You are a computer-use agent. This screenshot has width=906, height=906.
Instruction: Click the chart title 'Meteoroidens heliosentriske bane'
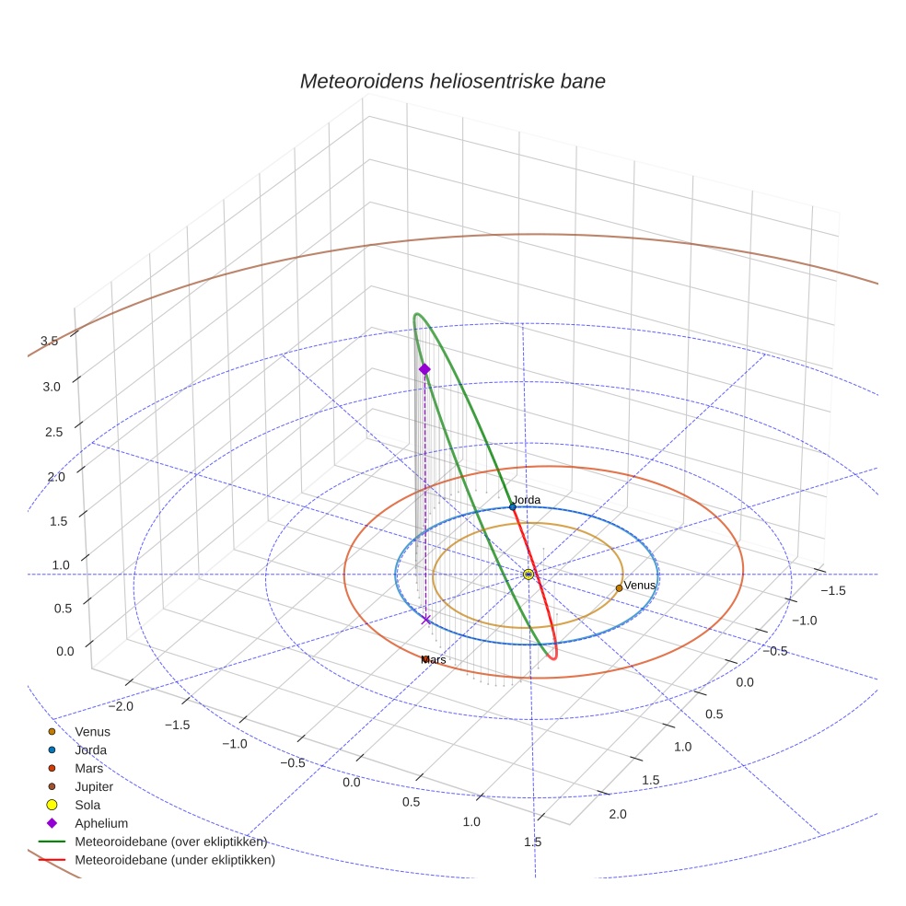[x=452, y=81]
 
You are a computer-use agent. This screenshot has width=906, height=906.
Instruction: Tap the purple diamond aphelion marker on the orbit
[x=424, y=369]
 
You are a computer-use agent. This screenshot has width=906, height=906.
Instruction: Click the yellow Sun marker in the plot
[x=528, y=575]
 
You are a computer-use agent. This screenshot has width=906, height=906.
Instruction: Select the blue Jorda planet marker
[x=513, y=506]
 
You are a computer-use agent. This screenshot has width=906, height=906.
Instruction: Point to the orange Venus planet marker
[x=619, y=587]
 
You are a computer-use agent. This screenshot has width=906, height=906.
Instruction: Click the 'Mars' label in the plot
[x=433, y=660]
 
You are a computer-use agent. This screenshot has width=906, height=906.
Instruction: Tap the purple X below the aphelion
[x=425, y=620]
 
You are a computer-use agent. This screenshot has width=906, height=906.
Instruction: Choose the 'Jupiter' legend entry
[x=94, y=786]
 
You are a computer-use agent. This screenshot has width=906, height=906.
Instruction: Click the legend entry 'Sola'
[x=87, y=805]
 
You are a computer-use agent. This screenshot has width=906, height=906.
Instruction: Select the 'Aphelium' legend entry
[x=100, y=823]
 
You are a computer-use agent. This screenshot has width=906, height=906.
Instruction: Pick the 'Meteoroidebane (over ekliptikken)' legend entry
[x=170, y=842]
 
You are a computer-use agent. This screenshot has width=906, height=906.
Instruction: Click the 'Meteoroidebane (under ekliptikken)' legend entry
[x=174, y=860]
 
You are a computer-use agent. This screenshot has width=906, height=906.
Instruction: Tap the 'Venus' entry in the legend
[x=92, y=731]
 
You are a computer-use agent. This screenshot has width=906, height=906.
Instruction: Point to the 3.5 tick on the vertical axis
[x=50, y=341]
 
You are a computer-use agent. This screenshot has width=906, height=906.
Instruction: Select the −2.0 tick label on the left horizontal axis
[x=122, y=705]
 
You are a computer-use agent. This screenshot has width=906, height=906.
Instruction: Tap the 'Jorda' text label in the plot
[x=527, y=500]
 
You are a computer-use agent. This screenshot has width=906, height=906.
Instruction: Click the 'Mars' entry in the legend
[x=88, y=768]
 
